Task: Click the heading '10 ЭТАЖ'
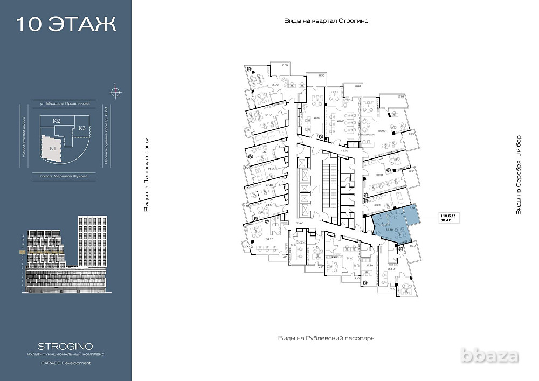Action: click(66, 25)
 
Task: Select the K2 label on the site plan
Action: click(56, 121)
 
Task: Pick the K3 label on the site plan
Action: click(82, 128)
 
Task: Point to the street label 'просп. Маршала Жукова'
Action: click(60, 176)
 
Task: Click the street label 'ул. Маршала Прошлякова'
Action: click(60, 102)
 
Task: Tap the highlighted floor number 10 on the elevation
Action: click(22, 252)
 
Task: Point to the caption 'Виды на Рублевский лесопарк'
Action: click(326, 338)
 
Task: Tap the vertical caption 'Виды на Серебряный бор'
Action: click(519, 175)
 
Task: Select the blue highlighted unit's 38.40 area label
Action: click(388, 230)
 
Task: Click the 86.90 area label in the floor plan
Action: click(382, 131)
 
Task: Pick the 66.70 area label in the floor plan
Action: click(275, 85)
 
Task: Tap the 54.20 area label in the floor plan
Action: click(270, 238)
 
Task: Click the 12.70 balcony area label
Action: click(400, 96)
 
